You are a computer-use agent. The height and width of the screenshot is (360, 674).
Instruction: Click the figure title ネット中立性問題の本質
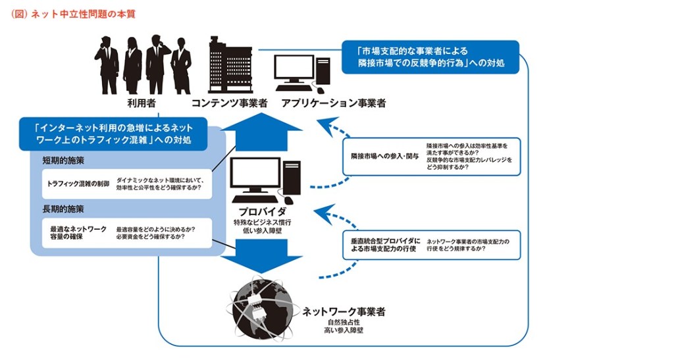[72, 14]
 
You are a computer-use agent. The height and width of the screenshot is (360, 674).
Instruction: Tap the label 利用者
[141, 103]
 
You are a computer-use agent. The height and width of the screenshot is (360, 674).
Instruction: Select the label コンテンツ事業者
[229, 103]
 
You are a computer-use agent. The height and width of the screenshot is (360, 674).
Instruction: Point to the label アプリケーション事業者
[333, 103]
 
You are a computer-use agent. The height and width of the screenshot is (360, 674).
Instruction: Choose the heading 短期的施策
[63, 161]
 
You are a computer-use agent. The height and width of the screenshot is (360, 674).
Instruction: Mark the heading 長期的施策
[63, 209]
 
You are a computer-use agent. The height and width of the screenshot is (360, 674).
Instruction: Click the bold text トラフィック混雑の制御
[78, 184]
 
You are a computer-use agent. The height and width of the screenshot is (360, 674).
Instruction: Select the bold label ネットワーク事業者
[344, 311]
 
